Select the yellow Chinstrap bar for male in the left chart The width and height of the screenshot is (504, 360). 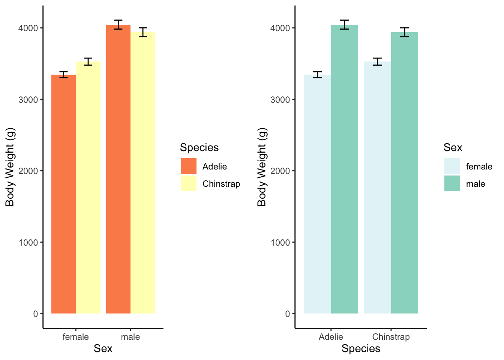tap(143, 172)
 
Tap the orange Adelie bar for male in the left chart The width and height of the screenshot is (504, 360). tap(118, 169)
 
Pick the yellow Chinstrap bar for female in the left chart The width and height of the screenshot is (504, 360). tap(88, 187)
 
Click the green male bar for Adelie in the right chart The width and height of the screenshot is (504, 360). tap(345, 169)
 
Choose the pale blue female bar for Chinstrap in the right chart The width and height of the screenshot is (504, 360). tap(377, 187)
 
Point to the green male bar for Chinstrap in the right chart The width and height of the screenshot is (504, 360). tap(405, 172)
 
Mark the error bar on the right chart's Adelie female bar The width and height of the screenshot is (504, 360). tap(318, 75)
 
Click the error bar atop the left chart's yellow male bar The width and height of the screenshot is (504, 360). tap(142, 32)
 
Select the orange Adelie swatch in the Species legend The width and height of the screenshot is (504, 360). tap(188, 166)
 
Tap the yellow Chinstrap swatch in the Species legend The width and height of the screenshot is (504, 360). tap(188, 184)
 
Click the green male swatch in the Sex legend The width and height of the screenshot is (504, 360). tap(452, 184)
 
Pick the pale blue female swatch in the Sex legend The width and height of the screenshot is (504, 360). tap(452, 166)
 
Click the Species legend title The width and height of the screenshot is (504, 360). tap(199, 147)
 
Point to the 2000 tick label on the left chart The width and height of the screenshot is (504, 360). tap(28, 171)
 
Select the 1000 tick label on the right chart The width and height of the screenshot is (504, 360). tap(280, 242)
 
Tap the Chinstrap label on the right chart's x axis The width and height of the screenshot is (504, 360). tap(391, 337)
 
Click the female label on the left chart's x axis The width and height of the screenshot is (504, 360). tap(75, 337)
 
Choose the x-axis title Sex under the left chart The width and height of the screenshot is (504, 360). tap(103, 349)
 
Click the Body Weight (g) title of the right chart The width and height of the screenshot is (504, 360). tap(262, 167)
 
